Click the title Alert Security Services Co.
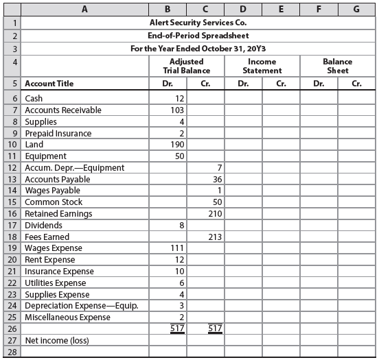pos(189,23)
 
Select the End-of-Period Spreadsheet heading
pos(189,36)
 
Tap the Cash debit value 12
pos(177,99)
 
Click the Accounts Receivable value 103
pos(175,110)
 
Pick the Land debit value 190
pos(175,145)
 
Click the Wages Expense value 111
pos(175,248)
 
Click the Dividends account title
pos(43,226)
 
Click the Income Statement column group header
pos(262,66)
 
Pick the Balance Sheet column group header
pos(337,66)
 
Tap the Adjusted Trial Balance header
pos(186,66)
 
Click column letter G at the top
pos(356,9)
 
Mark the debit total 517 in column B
pos(176,328)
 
